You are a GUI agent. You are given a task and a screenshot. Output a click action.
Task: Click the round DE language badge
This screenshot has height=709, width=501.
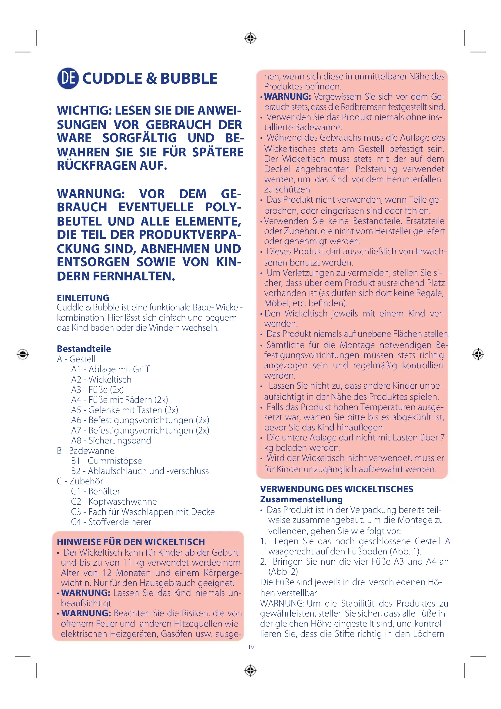click(68, 78)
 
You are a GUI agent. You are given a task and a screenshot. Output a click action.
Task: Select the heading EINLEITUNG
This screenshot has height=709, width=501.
click(83, 298)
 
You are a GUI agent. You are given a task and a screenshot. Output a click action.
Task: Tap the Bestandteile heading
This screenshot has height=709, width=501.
click(84, 349)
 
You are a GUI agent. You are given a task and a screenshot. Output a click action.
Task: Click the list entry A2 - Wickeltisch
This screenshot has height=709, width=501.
click(101, 379)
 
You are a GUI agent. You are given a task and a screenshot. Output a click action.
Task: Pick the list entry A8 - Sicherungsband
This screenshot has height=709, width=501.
click(111, 440)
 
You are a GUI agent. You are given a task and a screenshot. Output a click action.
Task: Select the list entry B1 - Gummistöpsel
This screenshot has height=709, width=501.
click(107, 461)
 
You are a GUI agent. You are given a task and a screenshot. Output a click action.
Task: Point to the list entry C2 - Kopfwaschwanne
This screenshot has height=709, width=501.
click(114, 501)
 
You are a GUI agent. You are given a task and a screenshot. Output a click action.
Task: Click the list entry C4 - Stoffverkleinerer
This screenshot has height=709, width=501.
click(111, 522)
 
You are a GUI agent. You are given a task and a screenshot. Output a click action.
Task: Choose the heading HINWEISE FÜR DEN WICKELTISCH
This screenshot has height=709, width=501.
click(131, 542)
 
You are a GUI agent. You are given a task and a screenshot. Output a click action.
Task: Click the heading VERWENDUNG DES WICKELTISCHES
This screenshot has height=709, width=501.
click(336, 489)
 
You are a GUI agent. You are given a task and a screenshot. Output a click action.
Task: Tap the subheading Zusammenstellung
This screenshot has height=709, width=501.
click(301, 499)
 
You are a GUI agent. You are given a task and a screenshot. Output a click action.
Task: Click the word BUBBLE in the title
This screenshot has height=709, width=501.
click(189, 79)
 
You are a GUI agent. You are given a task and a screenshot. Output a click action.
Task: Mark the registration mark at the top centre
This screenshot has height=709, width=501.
click(250, 38)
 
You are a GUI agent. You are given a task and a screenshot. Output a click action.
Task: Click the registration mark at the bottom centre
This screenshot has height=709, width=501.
click(250, 671)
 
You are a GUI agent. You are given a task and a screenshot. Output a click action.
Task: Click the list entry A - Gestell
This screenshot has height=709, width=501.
click(76, 359)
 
